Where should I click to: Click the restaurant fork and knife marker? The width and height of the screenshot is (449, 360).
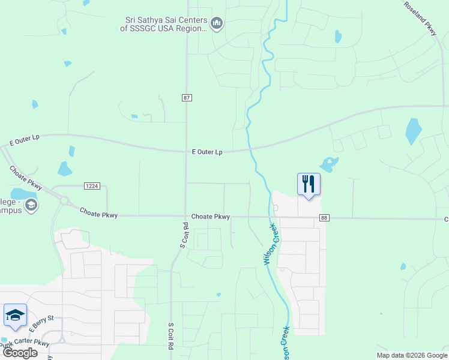coord(309,184)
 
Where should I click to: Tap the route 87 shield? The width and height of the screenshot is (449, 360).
coord(187,97)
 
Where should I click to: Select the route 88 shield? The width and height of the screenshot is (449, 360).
coord(324,218)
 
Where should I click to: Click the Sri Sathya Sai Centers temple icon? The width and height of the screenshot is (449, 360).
coord(217,24)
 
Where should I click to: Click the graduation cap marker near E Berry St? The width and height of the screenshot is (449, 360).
coord(15,315)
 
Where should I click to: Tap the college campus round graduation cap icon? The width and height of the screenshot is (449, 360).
coord(31,206)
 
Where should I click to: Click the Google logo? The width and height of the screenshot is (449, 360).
coord(20,353)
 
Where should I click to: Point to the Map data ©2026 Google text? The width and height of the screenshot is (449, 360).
coord(412,355)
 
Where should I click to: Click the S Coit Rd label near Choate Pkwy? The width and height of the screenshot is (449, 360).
coord(184,236)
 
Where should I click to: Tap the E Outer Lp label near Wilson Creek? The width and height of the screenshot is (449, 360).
coord(207,152)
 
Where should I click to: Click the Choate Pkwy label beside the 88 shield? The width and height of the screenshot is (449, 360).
coord(211,217)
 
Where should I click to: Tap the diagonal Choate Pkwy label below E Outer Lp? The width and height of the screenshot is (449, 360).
coord(25,178)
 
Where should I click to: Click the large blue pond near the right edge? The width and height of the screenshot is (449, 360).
coord(413,131)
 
